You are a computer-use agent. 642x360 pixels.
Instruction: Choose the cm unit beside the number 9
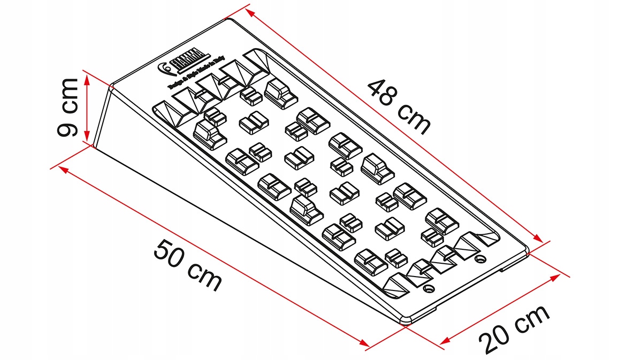click(x=68, y=96)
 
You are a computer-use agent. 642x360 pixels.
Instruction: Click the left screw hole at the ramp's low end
click(x=427, y=289)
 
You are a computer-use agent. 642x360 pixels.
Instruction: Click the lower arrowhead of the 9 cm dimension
click(x=87, y=141)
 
